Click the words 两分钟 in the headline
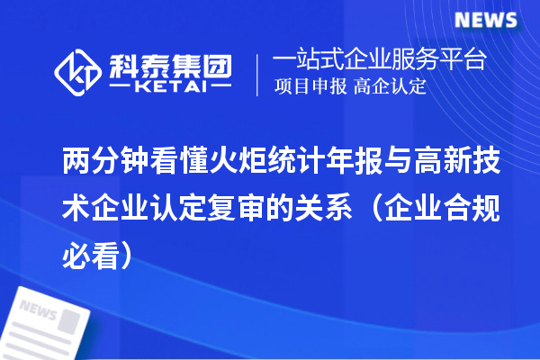pos(94,162)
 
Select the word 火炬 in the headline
pos(236,162)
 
